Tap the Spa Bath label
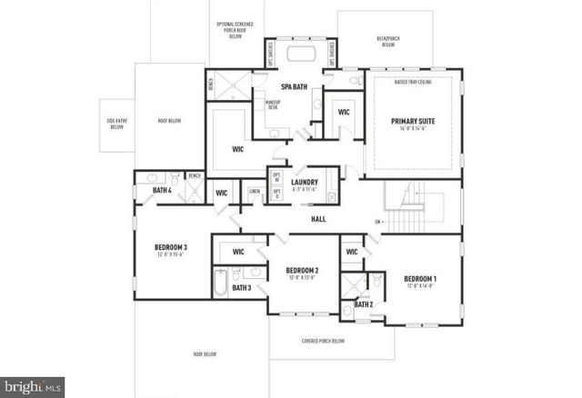(291, 86)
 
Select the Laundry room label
(304, 183)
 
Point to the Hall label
(318, 219)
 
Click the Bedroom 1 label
(420, 278)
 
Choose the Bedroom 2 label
(301, 271)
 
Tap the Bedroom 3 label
(170, 247)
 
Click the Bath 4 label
(162, 190)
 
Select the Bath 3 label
(241, 288)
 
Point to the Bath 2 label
(363, 303)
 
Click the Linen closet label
(255, 191)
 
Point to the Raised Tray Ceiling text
(413, 81)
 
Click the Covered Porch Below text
(322, 341)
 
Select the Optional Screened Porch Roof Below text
(236, 30)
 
